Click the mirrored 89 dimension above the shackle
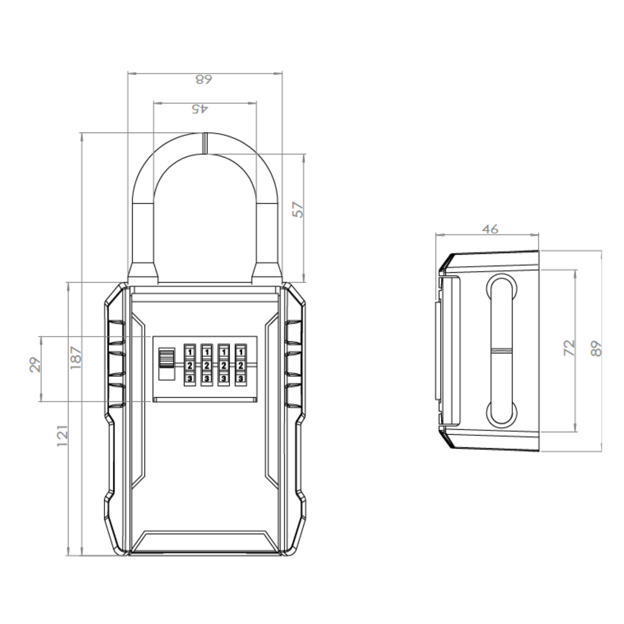point(204,79)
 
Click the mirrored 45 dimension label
point(200,108)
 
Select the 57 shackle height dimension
point(298,209)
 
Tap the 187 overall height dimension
point(76,357)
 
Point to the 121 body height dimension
point(63,436)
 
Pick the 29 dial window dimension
point(35,365)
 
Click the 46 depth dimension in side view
point(490,229)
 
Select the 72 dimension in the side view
point(570,347)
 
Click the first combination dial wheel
point(190,365)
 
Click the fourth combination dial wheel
point(241,365)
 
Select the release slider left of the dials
point(167,364)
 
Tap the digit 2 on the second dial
point(207,366)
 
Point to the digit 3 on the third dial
point(224,379)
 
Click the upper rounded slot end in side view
point(502,285)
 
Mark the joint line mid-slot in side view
point(502,349)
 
